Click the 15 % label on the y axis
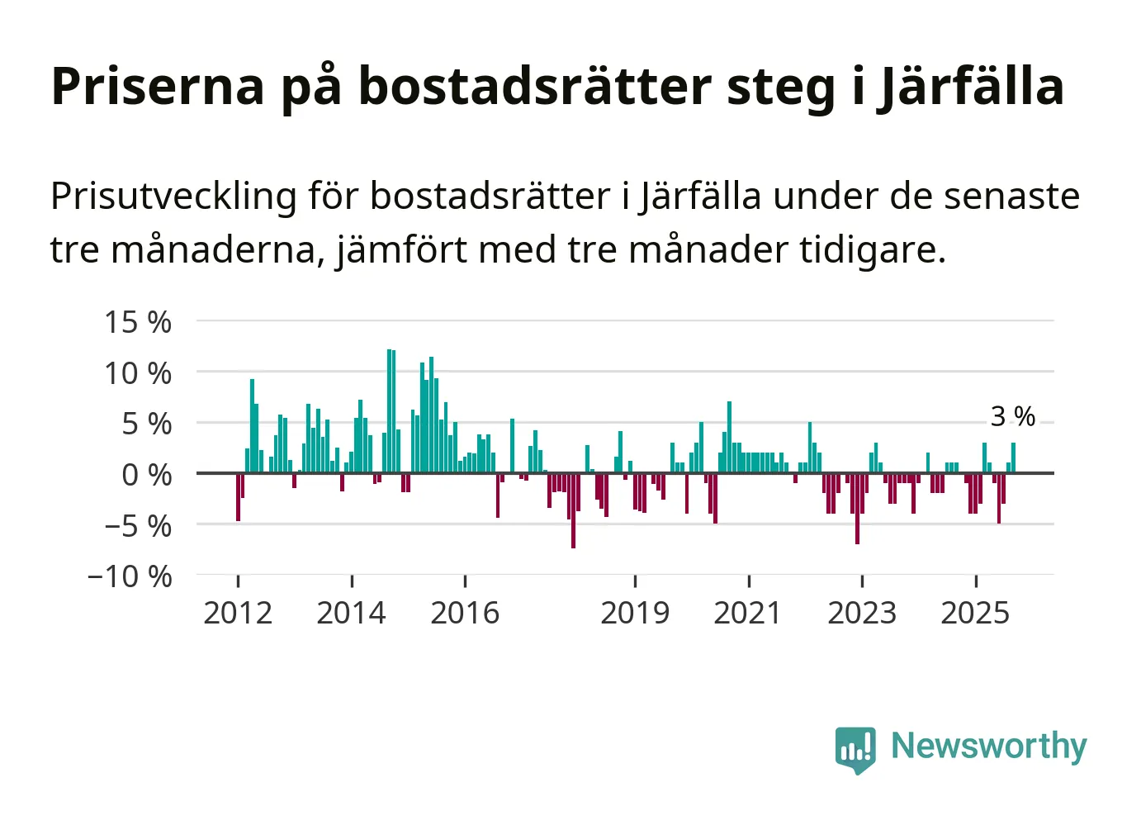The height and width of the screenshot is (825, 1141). coord(137,322)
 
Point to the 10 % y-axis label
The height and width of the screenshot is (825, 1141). coord(137,373)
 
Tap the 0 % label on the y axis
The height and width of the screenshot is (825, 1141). coord(146,475)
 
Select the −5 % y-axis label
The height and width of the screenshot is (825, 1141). coord(137,526)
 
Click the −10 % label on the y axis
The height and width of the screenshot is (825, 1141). coord(130,576)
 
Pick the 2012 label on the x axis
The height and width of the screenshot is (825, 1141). coord(238,613)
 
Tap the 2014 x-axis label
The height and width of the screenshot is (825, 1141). coord(352,613)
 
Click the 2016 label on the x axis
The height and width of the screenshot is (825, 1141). coord(465,613)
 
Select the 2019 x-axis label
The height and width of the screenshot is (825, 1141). coord(635,613)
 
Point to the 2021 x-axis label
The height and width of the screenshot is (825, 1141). coord(748,613)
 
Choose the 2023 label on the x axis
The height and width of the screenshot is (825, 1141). coord(862,613)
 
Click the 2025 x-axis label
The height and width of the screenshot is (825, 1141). coord(975,613)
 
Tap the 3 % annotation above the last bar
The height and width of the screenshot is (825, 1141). coord(1012,416)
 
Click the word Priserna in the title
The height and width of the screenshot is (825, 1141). coord(158,86)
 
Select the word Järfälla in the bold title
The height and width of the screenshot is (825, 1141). coord(970,86)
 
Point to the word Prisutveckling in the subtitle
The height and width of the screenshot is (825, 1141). coord(173,197)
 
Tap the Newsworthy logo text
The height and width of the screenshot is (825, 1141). coord(988,746)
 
